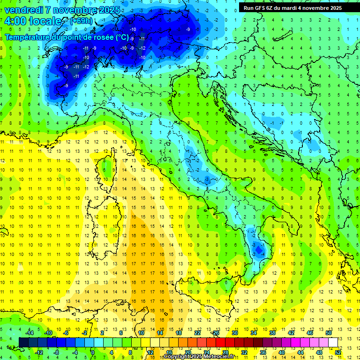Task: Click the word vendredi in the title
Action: click(x=25, y=9)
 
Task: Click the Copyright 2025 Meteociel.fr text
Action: click(x=202, y=357)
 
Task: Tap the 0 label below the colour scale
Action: click(x=93, y=352)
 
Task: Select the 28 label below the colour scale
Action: click(x=225, y=352)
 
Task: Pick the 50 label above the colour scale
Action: click(x=328, y=332)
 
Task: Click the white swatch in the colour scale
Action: click(x=333, y=342)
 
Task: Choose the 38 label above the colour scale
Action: click(x=272, y=332)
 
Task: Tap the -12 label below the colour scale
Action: click(x=39, y=352)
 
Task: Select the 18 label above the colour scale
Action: click(x=178, y=332)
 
